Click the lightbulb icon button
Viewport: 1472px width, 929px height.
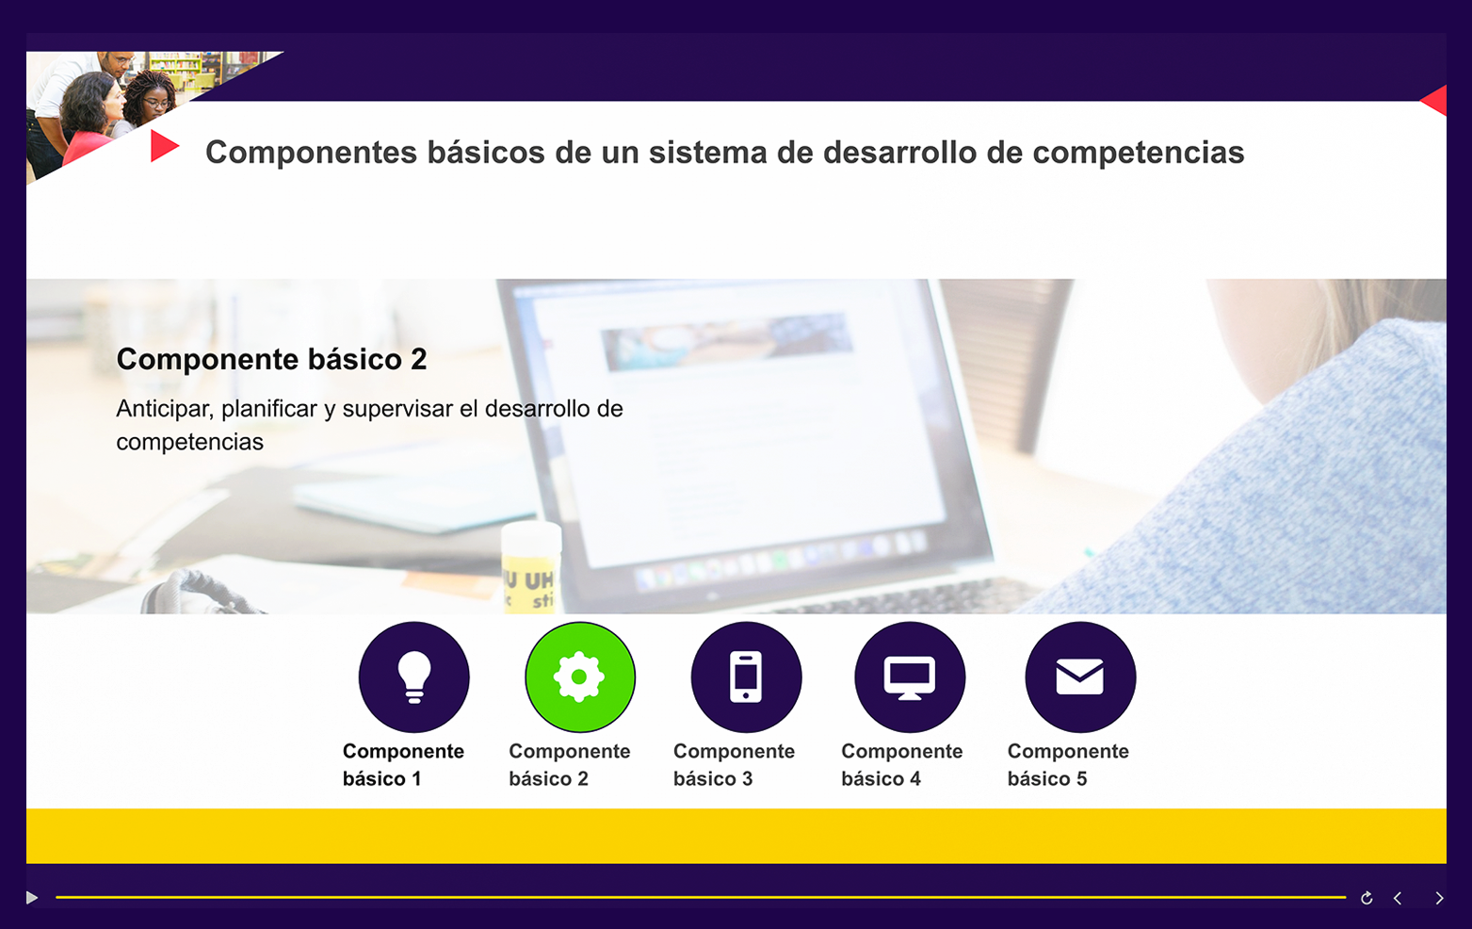pyautogui.click(x=414, y=677)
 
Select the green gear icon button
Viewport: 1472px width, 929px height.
pyautogui.click(x=579, y=677)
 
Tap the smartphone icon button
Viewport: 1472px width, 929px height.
pyautogui.click(x=746, y=677)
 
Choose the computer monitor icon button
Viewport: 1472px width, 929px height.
pyautogui.click(x=910, y=677)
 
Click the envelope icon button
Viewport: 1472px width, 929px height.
pyautogui.click(x=1080, y=677)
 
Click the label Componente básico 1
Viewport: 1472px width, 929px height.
pyautogui.click(x=403, y=765)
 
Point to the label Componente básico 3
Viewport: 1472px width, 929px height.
pyautogui.click(x=734, y=765)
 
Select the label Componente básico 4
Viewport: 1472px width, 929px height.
pyautogui.click(x=901, y=765)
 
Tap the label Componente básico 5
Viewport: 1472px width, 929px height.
pyautogui.click(x=1068, y=765)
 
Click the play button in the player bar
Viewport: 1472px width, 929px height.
pyautogui.click(x=31, y=898)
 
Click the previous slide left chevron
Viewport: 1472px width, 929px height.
pyautogui.click(x=1398, y=898)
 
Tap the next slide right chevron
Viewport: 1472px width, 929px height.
pyautogui.click(x=1439, y=898)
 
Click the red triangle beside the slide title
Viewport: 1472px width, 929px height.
pyautogui.click(x=163, y=146)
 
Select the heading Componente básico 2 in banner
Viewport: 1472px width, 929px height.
pyautogui.click(x=271, y=359)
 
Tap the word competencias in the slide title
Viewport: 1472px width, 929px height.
pyautogui.click(x=1139, y=154)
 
